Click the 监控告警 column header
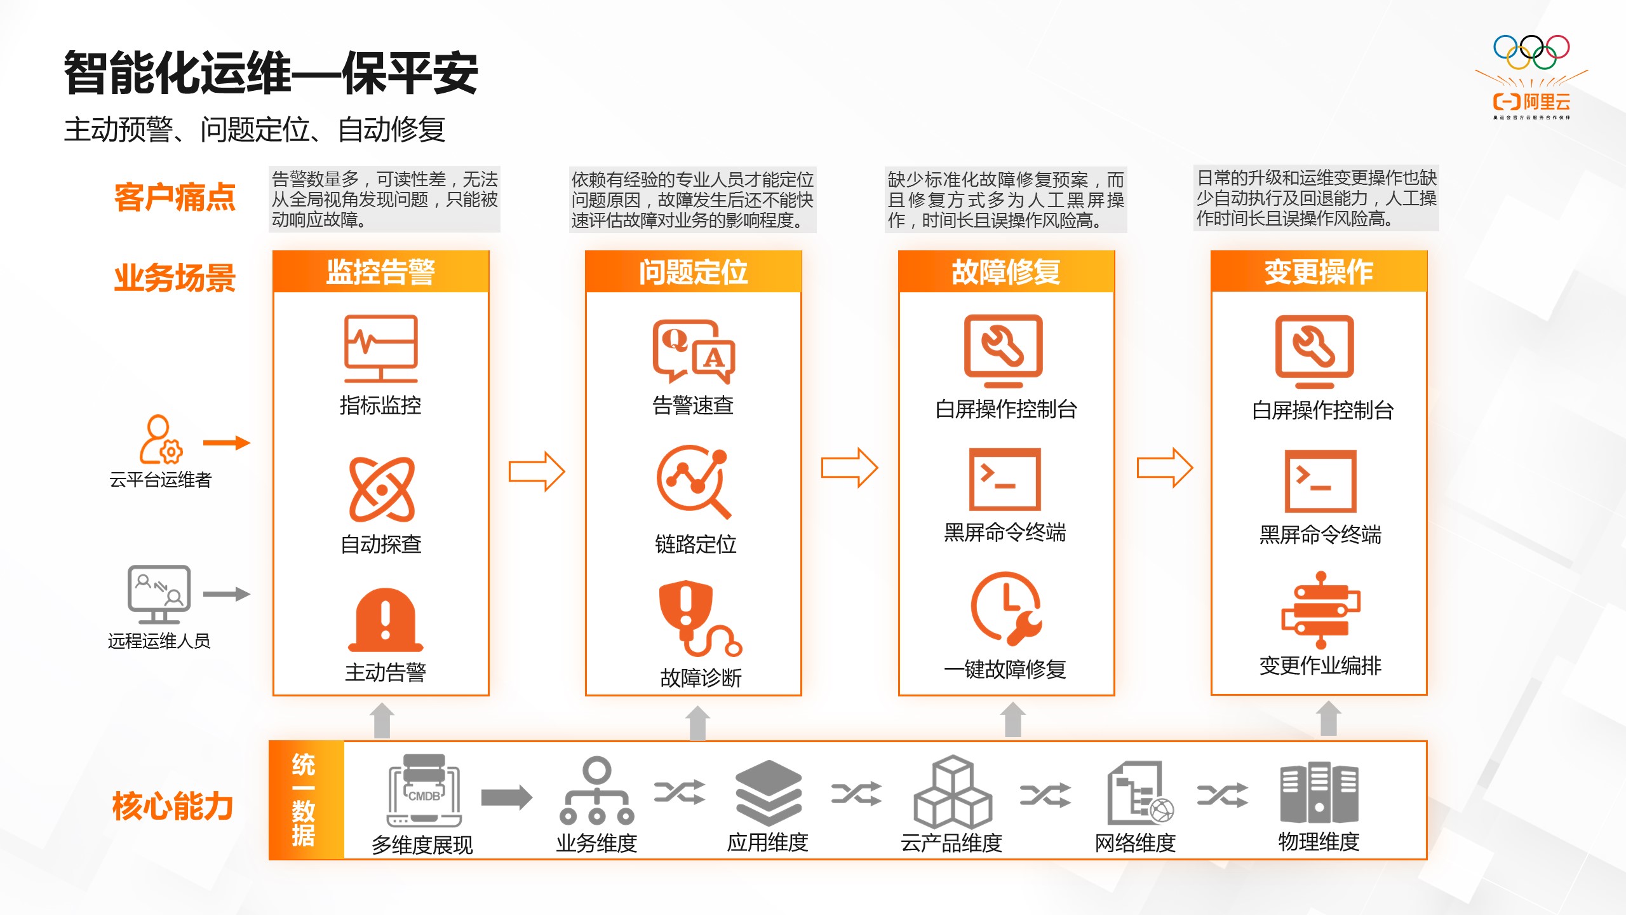[x=380, y=272]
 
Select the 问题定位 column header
[x=693, y=272]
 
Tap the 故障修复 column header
[x=1006, y=272]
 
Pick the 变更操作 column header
[x=1319, y=272]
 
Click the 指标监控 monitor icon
[x=380, y=349]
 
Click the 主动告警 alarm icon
[x=386, y=620]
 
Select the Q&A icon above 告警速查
[x=694, y=351]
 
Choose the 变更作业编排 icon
[x=1320, y=610]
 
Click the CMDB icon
[x=424, y=790]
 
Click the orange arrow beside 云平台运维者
[x=226, y=443]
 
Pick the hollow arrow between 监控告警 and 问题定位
[x=537, y=471]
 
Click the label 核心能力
[x=173, y=806]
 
